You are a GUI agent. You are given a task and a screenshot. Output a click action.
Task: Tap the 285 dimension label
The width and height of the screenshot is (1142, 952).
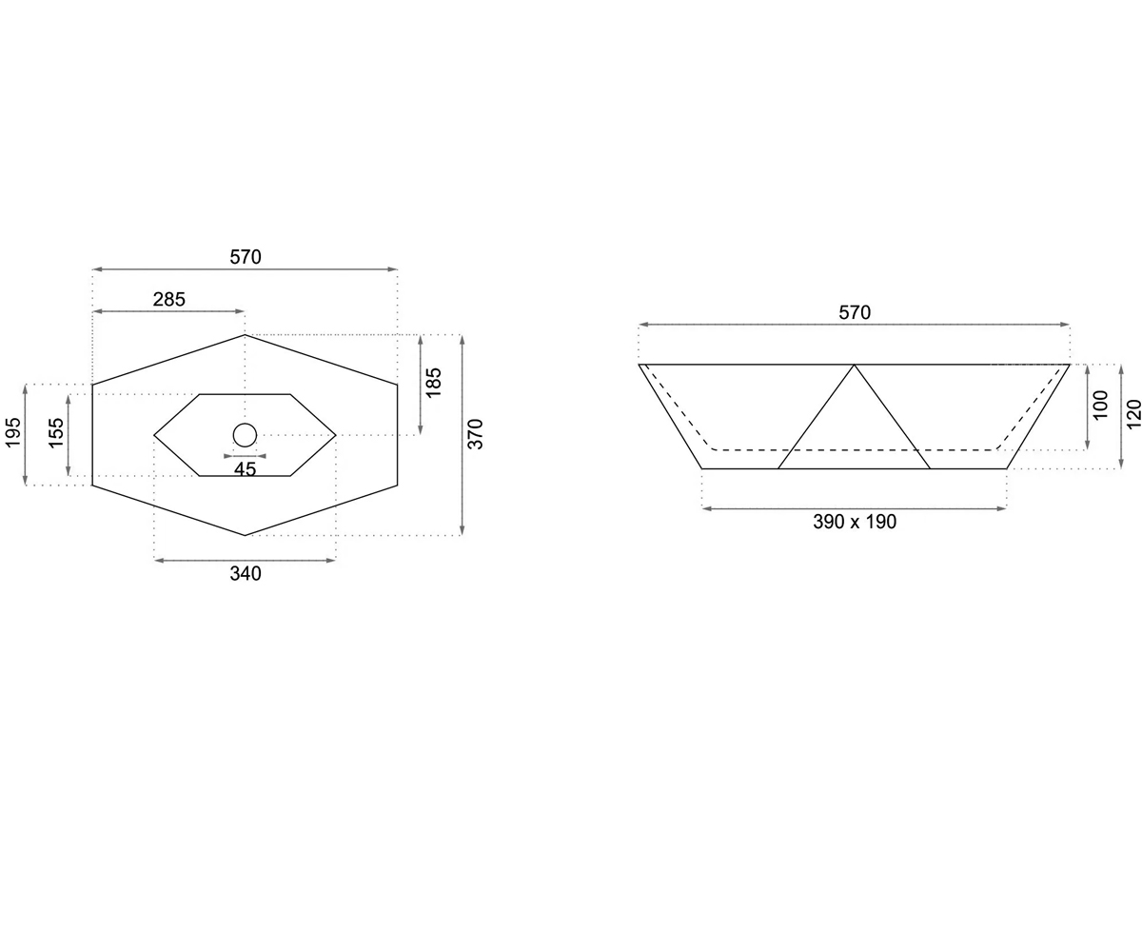click(169, 299)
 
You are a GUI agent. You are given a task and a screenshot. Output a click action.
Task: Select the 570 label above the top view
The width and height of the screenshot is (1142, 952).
click(246, 257)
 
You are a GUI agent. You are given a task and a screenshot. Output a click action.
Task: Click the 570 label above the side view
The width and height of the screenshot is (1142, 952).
click(855, 312)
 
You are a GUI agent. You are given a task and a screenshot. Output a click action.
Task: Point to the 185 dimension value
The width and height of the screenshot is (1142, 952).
click(433, 383)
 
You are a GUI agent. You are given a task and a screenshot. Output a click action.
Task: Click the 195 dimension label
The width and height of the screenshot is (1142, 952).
click(13, 432)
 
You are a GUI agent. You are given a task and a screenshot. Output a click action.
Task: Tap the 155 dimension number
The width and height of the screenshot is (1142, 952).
click(56, 433)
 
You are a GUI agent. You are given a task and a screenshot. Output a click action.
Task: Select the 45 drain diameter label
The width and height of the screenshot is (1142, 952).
click(245, 469)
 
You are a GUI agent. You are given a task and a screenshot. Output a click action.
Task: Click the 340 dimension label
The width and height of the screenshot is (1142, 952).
click(246, 573)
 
